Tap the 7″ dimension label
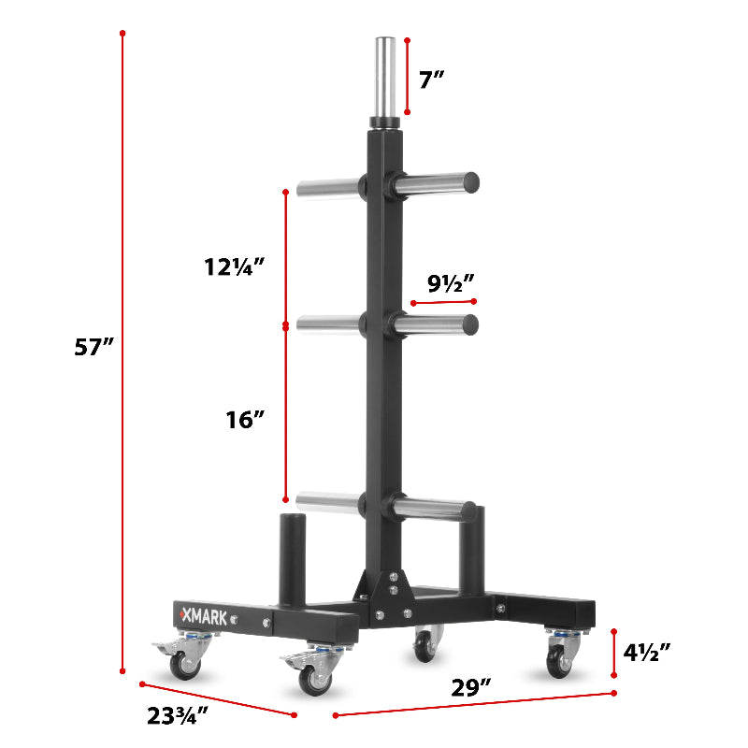(431, 79)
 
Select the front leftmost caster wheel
(184, 663)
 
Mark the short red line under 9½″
(443, 302)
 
